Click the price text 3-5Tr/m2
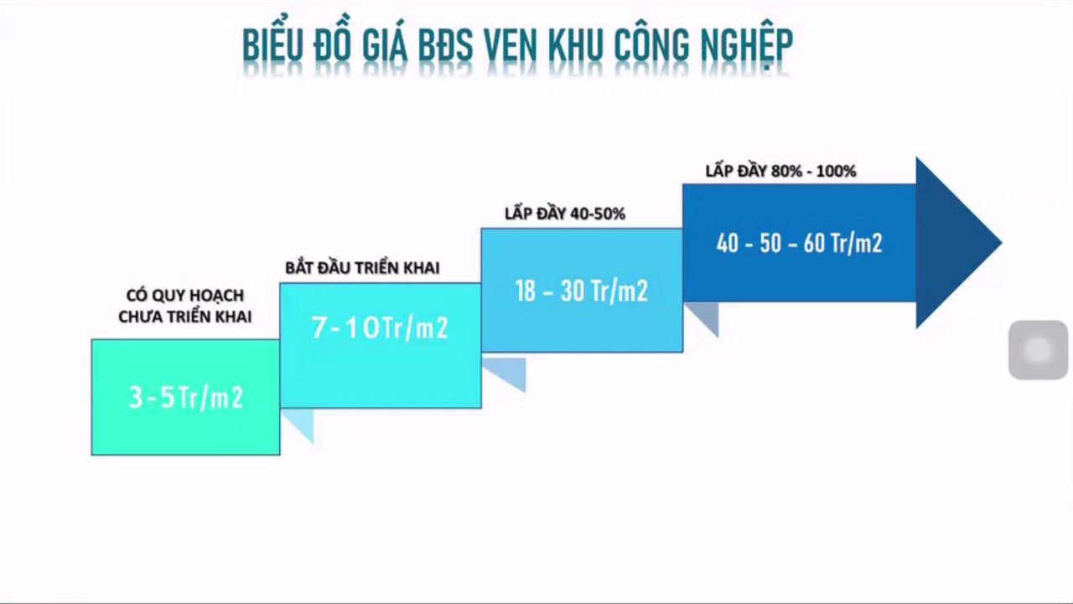pos(185,397)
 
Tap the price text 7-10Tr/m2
pos(380,328)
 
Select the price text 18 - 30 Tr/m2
pos(581,291)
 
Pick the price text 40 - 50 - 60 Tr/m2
pos(799,244)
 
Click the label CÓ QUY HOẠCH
pos(184,296)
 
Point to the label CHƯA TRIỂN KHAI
pos(184,317)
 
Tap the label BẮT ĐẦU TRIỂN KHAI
pos(362,268)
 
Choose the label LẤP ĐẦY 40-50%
pos(565,214)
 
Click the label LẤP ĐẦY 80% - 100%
pos(780,171)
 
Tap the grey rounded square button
pos(1038,350)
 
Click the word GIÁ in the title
pos(385,46)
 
